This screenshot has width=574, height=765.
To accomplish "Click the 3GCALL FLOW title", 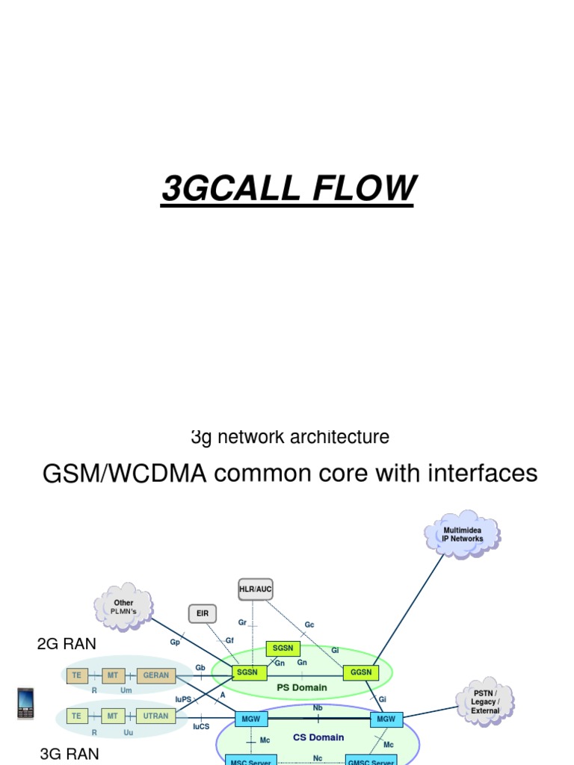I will (x=288, y=188).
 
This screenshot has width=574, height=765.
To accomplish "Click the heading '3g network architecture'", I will (x=290, y=437).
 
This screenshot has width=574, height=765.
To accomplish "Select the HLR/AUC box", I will (x=255, y=590).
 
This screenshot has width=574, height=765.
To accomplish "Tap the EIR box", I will (x=203, y=614).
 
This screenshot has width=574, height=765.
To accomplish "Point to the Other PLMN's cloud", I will (x=123, y=607).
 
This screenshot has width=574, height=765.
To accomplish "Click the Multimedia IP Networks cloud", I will (x=463, y=534).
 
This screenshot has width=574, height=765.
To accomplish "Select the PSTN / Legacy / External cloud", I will (x=484, y=701).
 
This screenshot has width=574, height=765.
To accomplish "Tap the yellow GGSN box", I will (x=361, y=672).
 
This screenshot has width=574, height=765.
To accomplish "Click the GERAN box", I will (x=156, y=675).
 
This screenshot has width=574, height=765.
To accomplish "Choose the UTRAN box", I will (x=156, y=716).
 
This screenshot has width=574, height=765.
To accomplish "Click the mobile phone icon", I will (x=25, y=703).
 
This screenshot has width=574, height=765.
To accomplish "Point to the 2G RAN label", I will (x=67, y=644).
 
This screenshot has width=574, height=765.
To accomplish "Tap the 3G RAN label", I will (x=69, y=754).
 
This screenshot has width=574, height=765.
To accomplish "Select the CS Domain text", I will (x=318, y=737).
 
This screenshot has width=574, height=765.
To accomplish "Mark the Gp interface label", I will (x=175, y=642).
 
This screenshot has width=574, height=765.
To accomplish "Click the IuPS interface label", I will (x=183, y=699).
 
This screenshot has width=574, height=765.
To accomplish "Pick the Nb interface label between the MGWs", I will (x=318, y=707).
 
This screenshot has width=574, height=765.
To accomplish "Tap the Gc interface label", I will (x=309, y=625).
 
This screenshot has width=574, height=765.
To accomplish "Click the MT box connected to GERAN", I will (x=113, y=675).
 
